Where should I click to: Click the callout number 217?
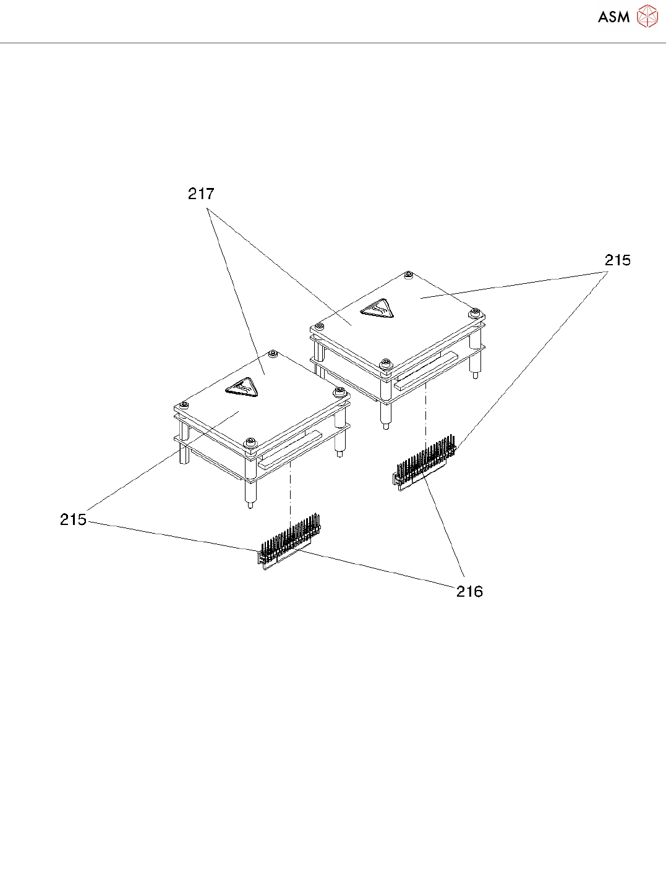201,194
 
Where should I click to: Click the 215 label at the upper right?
617,260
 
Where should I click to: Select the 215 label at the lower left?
73,519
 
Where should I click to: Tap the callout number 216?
469,592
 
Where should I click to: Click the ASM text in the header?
613,17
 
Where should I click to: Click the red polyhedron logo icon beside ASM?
647,17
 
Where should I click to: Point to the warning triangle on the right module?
377,307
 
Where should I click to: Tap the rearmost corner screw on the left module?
273,354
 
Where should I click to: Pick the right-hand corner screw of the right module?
474,312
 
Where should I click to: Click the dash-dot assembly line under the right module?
425,411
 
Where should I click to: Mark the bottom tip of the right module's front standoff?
385,426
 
